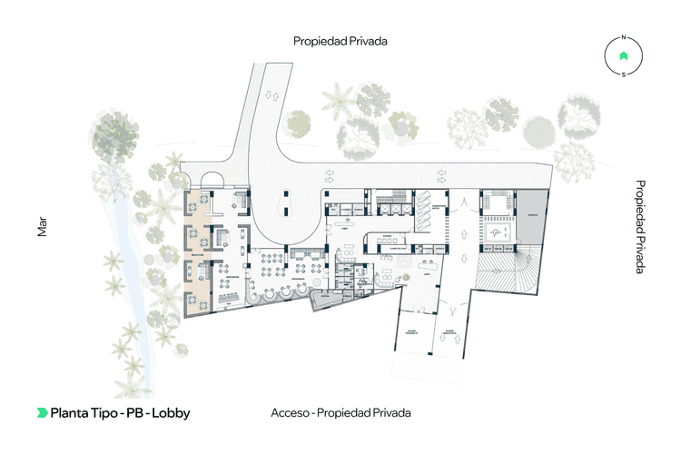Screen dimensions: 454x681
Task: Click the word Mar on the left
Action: click(42, 226)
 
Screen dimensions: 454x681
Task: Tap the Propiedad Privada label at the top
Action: click(340, 41)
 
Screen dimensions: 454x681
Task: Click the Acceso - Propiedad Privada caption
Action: click(340, 413)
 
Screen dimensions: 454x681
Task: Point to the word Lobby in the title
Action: click(172, 413)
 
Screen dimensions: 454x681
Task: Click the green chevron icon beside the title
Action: click(42, 413)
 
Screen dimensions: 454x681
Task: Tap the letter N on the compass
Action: click(623, 38)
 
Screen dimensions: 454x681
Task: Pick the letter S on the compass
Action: click(623, 74)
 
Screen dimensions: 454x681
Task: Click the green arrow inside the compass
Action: click(623, 56)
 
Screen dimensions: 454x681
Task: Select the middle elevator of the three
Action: click(391, 205)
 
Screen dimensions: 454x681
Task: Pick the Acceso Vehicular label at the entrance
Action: click(451, 331)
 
